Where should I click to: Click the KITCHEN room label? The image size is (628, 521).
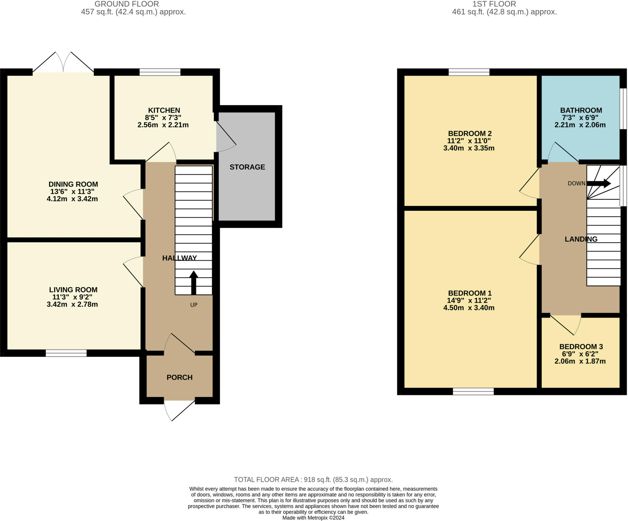(164, 110)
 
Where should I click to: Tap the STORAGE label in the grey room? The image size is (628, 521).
(247, 167)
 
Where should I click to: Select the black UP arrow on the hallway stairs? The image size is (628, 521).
(193, 282)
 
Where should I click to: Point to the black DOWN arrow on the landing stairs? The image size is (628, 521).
(599, 183)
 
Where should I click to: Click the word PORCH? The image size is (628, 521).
(180, 377)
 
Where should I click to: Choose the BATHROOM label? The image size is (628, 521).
(581, 110)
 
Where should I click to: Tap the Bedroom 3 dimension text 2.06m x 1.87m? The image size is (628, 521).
(580, 361)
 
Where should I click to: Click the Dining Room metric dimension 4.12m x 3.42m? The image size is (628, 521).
(72, 199)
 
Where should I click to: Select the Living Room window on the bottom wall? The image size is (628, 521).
(66, 353)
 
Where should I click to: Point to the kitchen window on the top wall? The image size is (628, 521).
(160, 72)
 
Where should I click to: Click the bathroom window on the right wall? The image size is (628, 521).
(623, 109)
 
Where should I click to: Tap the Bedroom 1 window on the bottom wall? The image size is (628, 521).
(473, 391)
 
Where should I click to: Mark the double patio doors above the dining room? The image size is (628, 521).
(63, 62)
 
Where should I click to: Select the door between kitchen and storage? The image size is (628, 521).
(226, 137)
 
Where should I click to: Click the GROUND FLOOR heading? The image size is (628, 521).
(127, 4)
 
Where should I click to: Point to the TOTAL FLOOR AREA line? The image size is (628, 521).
(313, 480)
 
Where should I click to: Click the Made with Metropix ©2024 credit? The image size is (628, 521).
(313, 518)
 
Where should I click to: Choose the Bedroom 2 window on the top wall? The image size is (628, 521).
(469, 72)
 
